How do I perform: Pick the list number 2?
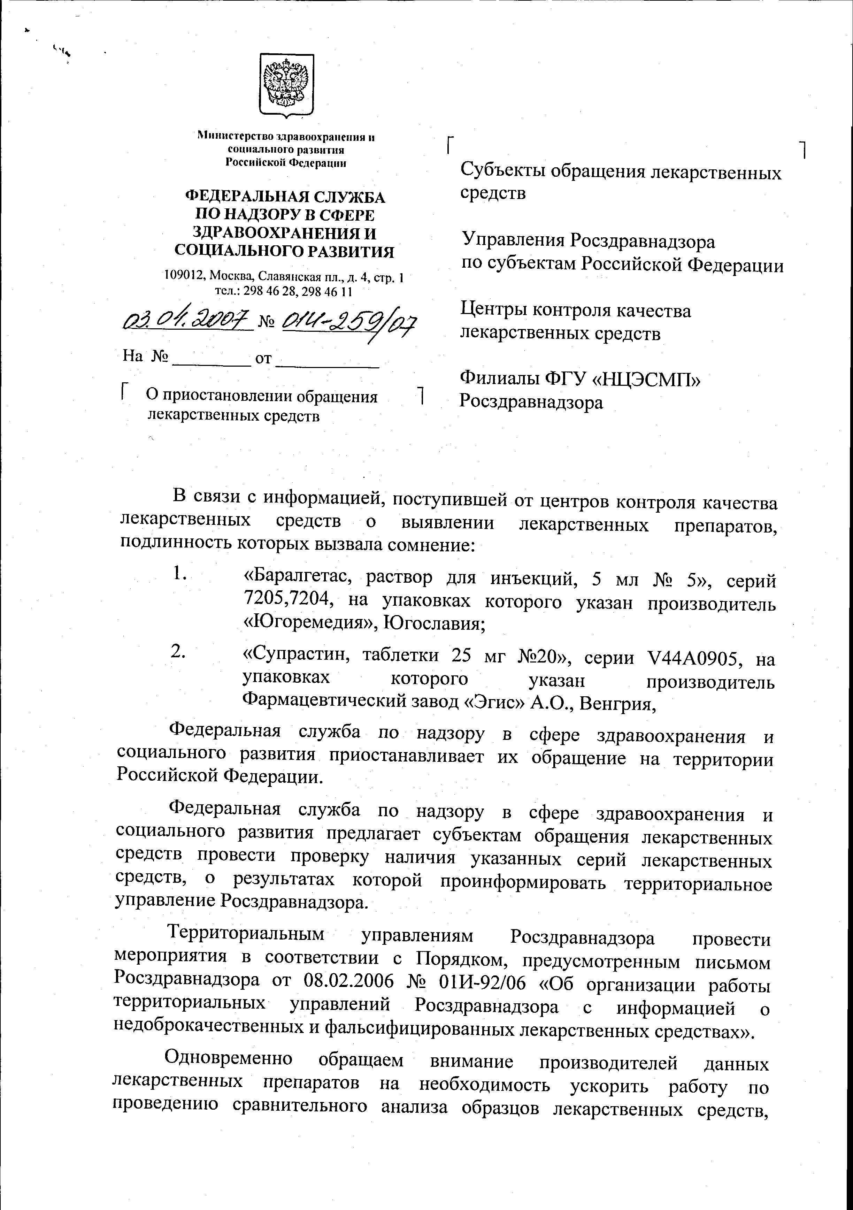(178, 652)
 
